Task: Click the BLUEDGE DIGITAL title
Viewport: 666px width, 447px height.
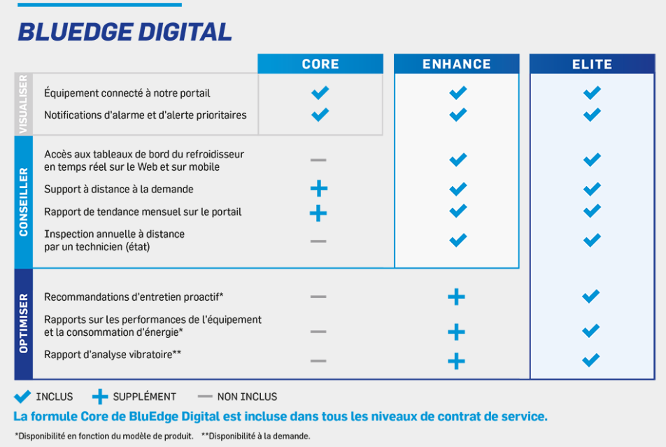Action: click(x=125, y=32)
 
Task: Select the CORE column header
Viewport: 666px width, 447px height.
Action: click(x=320, y=64)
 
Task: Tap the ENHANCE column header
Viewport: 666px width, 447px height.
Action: click(x=457, y=64)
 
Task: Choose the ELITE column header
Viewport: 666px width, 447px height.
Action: click(x=592, y=64)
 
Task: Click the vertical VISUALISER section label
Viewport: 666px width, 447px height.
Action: click(x=23, y=104)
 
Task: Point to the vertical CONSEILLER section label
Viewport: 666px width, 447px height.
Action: click(x=23, y=202)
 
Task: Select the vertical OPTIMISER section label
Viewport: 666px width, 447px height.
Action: click(x=23, y=323)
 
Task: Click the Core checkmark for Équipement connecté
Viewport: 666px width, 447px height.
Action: click(x=320, y=92)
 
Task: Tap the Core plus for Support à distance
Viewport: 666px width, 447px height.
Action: click(x=319, y=188)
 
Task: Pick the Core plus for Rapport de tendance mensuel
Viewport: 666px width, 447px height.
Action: click(x=318, y=213)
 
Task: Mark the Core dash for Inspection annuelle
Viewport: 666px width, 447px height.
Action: click(x=318, y=241)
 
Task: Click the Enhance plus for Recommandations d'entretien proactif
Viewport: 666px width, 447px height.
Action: click(x=456, y=297)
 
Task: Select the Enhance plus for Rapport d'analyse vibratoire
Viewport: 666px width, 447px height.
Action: click(x=456, y=361)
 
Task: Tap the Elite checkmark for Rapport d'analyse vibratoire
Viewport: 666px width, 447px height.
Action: click(x=591, y=360)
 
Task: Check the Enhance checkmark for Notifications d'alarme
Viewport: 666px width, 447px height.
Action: click(x=458, y=114)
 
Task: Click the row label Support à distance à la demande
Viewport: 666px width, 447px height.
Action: click(x=119, y=189)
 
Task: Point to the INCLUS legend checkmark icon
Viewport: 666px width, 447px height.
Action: click(x=22, y=397)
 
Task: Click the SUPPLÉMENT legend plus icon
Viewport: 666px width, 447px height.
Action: click(x=100, y=397)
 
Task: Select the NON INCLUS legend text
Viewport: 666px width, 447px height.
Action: click(x=247, y=397)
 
